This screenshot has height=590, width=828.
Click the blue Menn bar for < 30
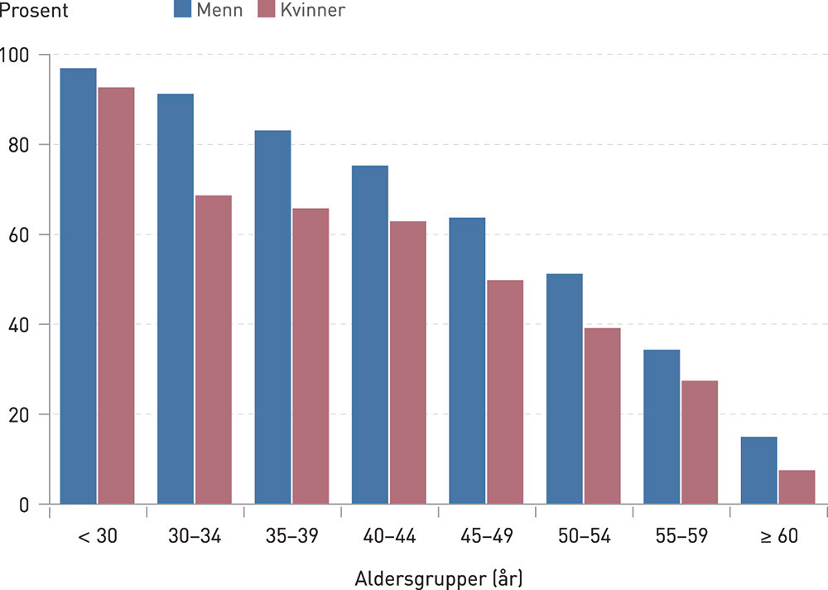[x=78, y=286]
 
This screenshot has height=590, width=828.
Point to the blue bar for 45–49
[x=467, y=360]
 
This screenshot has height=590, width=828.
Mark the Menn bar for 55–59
[x=662, y=427]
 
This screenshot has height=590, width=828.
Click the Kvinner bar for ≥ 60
[x=797, y=487]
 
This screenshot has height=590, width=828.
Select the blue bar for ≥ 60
[x=758, y=471]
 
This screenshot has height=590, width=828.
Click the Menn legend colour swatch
[x=182, y=11]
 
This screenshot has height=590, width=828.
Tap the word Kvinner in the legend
[x=313, y=11]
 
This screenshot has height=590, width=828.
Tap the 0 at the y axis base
[x=25, y=504]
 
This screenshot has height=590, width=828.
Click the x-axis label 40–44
[x=389, y=536]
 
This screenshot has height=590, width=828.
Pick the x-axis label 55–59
[x=681, y=536]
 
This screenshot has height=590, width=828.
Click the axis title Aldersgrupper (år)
[x=439, y=576]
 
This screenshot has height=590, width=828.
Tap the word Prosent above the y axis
[x=35, y=12]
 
